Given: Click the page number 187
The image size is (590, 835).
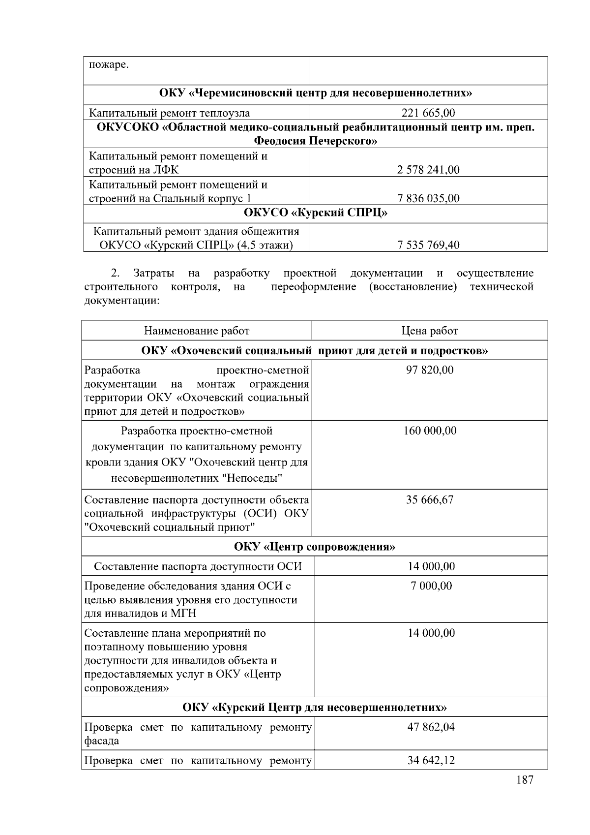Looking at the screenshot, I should [525, 780].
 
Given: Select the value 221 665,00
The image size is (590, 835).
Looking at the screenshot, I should [428, 113].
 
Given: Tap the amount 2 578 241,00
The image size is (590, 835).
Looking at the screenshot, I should [428, 170].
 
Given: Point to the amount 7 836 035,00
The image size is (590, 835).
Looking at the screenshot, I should [428, 198].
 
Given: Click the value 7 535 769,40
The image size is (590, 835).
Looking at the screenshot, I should [428, 245].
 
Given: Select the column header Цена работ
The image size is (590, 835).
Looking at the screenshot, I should [430, 331].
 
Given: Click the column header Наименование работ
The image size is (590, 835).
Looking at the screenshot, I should [197, 331].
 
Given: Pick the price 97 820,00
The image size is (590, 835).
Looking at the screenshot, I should [430, 370].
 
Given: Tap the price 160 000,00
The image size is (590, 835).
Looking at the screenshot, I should [430, 431].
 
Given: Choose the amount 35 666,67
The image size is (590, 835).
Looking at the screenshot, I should [430, 500].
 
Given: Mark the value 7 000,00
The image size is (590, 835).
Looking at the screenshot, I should [431, 586].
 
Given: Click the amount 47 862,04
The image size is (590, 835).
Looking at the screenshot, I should [431, 727].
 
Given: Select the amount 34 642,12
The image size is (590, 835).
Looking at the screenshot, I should [431, 761].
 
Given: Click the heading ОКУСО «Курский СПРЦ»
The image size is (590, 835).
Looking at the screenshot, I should [315, 213].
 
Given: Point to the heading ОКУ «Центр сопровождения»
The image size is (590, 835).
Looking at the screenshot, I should [315, 547].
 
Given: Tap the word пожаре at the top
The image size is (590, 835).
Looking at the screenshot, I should [109, 65].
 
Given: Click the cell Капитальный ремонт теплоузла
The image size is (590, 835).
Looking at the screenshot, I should [169, 113].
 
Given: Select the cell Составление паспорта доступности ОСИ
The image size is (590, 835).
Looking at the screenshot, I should [198, 566].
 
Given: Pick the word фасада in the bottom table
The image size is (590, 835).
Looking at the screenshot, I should [101, 741].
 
